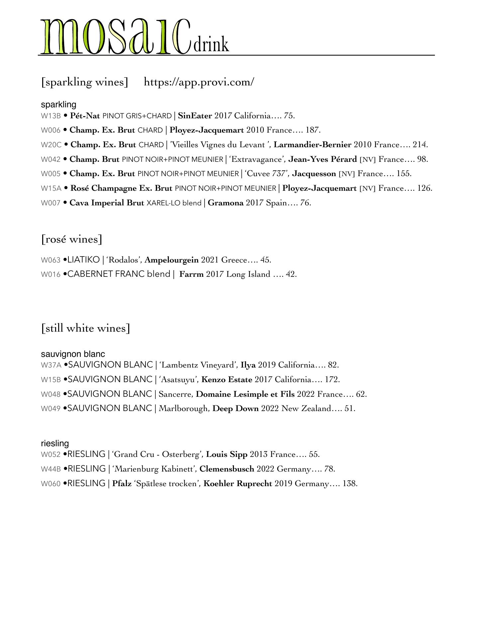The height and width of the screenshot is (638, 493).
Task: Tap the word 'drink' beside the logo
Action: tap(211, 45)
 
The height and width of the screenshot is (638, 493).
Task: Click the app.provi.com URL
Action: tap(199, 82)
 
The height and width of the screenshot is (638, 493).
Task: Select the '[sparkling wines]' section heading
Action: tap(85, 82)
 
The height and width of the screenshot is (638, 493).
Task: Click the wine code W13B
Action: tap(51, 116)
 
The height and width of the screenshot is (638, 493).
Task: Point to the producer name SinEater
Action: tap(195, 116)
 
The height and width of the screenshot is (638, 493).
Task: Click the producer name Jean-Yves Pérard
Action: tap(322, 159)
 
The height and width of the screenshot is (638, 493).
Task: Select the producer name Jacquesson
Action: tap(314, 173)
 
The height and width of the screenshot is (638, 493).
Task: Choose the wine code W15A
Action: tap(51, 188)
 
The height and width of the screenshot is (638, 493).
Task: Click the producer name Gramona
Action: tap(226, 203)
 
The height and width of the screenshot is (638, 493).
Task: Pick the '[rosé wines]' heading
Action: tap(72, 239)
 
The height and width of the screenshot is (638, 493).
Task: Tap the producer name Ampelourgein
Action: tap(172, 260)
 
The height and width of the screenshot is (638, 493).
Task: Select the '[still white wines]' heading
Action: tap(86, 328)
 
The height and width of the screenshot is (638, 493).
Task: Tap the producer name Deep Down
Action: tap(236, 408)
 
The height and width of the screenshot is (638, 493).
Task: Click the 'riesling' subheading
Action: tap(55, 443)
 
